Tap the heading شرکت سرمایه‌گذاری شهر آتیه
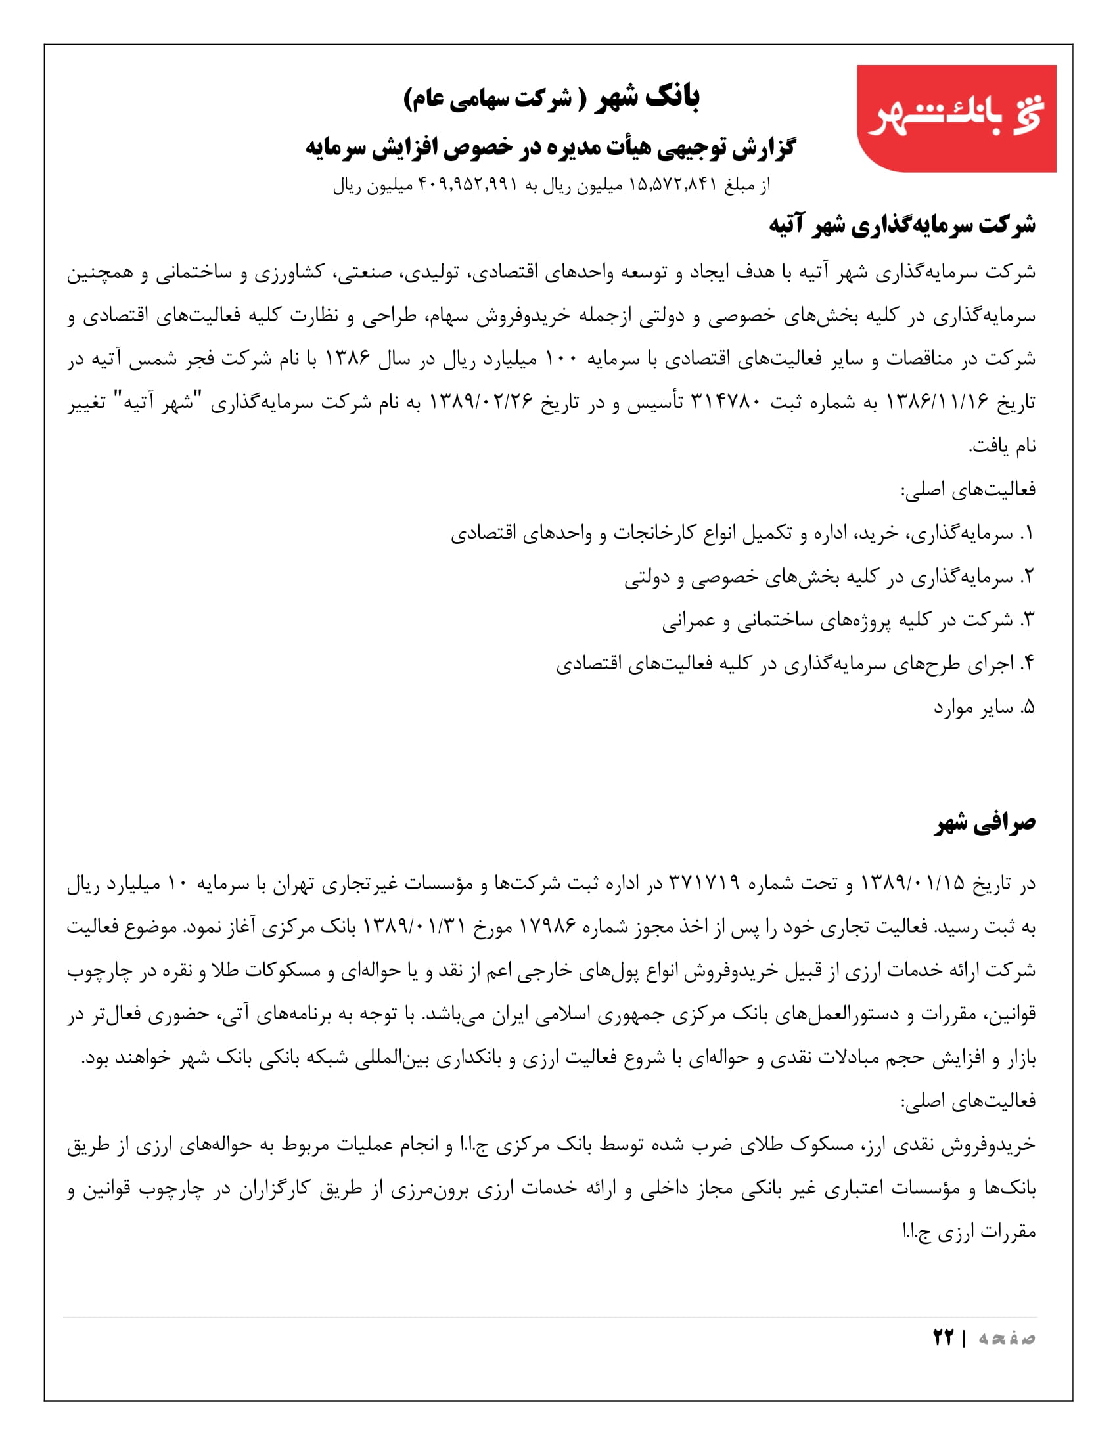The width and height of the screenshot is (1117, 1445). coord(902,225)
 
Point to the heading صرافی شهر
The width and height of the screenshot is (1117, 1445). coord(986,823)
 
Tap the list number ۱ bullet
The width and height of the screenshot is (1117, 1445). coord(1026,533)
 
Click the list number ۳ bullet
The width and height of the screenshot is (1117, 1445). coord(1026,620)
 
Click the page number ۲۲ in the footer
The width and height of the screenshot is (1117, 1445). coord(943,1337)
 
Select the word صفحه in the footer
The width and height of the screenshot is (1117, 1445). coord(1007,1338)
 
